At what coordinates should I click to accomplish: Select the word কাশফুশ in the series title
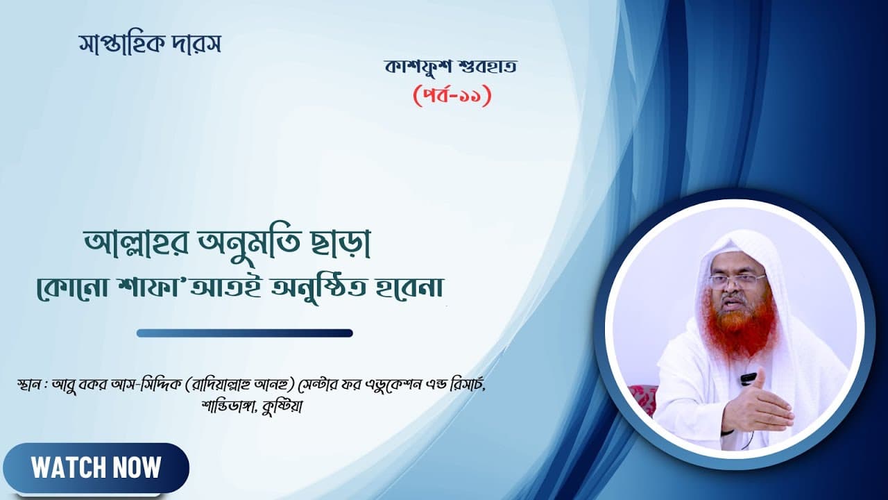(x=418, y=67)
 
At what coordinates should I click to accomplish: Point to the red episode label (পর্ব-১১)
(x=452, y=96)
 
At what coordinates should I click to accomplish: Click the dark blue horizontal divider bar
(x=245, y=333)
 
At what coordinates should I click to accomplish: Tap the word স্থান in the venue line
(x=28, y=384)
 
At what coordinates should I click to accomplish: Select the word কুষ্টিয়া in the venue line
(x=282, y=407)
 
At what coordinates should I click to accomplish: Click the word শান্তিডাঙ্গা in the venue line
(x=229, y=407)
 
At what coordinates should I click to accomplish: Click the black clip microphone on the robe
(x=748, y=378)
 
